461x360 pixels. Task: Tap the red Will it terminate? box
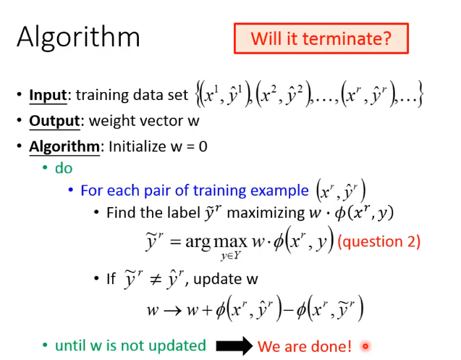click(321, 38)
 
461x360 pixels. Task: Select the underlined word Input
click(48, 96)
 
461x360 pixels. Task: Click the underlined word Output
click(54, 121)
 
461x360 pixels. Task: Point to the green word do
click(64, 168)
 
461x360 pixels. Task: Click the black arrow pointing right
click(234, 346)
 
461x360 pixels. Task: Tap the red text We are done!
click(305, 346)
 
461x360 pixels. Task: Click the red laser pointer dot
click(365, 346)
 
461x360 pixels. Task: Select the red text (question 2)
click(379, 242)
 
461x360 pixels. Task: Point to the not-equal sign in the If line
click(155, 279)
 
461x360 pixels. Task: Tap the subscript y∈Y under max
click(230, 256)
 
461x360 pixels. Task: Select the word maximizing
click(266, 213)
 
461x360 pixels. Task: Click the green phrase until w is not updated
click(130, 346)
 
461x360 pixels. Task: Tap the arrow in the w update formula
click(172, 311)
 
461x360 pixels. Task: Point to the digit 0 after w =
click(203, 146)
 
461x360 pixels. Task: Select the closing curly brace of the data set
click(420, 94)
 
